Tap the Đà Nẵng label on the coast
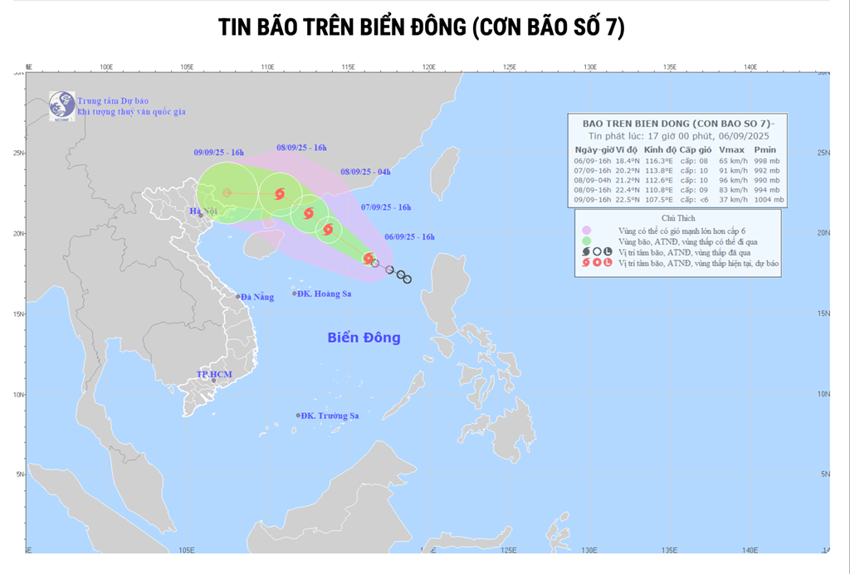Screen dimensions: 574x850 tap(256, 297)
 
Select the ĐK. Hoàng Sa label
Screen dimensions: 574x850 tap(324, 294)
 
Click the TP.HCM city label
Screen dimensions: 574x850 tap(213, 375)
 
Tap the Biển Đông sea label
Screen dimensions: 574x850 tap(364, 338)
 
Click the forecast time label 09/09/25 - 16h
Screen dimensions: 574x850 tap(218, 153)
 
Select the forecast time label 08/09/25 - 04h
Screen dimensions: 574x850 tap(365, 172)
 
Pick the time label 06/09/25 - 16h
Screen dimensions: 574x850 tap(409, 236)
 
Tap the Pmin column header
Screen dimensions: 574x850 tap(765, 149)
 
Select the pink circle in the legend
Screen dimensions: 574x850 tap(586, 229)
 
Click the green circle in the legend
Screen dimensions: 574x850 tap(586, 241)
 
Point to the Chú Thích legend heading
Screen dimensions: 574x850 tap(677, 217)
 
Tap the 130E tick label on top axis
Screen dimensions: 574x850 tap(590, 67)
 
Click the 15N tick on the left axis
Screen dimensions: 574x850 tap(19, 314)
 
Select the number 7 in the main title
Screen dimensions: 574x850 tap(614, 27)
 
